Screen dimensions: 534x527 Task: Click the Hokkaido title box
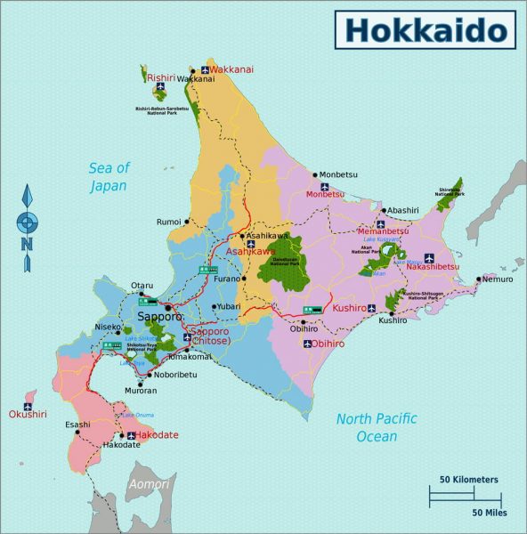pyautogui.click(x=426, y=29)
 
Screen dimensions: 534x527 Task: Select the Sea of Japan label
pyautogui.click(x=109, y=177)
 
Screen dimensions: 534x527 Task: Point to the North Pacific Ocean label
pyautogui.click(x=377, y=427)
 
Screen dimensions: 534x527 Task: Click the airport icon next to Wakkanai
pyautogui.click(x=205, y=69)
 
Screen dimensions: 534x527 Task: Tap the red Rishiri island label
pyautogui.click(x=162, y=77)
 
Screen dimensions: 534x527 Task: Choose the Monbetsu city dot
pyautogui.click(x=313, y=175)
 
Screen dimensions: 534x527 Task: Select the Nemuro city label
pyautogui.click(x=499, y=279)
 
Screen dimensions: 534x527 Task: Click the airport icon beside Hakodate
pyautogui.click(x=131, y=435)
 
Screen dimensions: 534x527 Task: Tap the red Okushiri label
pyautogui.click(x=27, y=414)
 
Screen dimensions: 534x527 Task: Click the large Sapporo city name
pyautogui.click(x=159, y=316)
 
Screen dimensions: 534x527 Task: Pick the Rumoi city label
pyautogui.click(x=168, y=222)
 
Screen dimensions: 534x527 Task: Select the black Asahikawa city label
pyautogui.click(x=268, y=236)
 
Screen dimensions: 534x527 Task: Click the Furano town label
pyautogui.click(x=226, y=279)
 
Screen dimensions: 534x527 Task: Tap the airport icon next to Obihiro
pyautogui.click(x=308, y=344)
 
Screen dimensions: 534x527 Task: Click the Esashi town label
pyautogui.click(x=77, y=425)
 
